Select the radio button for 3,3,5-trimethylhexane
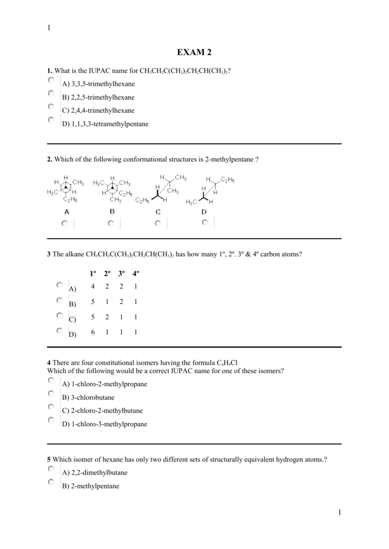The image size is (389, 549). [x=51, y=80]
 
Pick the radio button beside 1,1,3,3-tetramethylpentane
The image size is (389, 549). [x=51, y=120]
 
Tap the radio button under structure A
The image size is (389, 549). [x=64, y=223]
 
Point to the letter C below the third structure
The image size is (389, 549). [x=158, y=212]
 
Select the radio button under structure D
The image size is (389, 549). [x=204, y=222]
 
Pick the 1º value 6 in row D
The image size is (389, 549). [x=93, y=332]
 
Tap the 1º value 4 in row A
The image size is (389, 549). [x=93, y=286]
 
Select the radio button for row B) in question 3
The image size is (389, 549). [x=59, y=300]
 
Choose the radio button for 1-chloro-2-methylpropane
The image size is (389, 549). [x=51, y=381]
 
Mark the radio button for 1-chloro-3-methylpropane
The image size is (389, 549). [x=51, y=420]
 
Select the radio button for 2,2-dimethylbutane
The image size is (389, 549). [x=51, y=469]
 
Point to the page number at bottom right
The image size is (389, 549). [x=339, y=514]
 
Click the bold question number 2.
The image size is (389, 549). [x=49, y=159]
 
